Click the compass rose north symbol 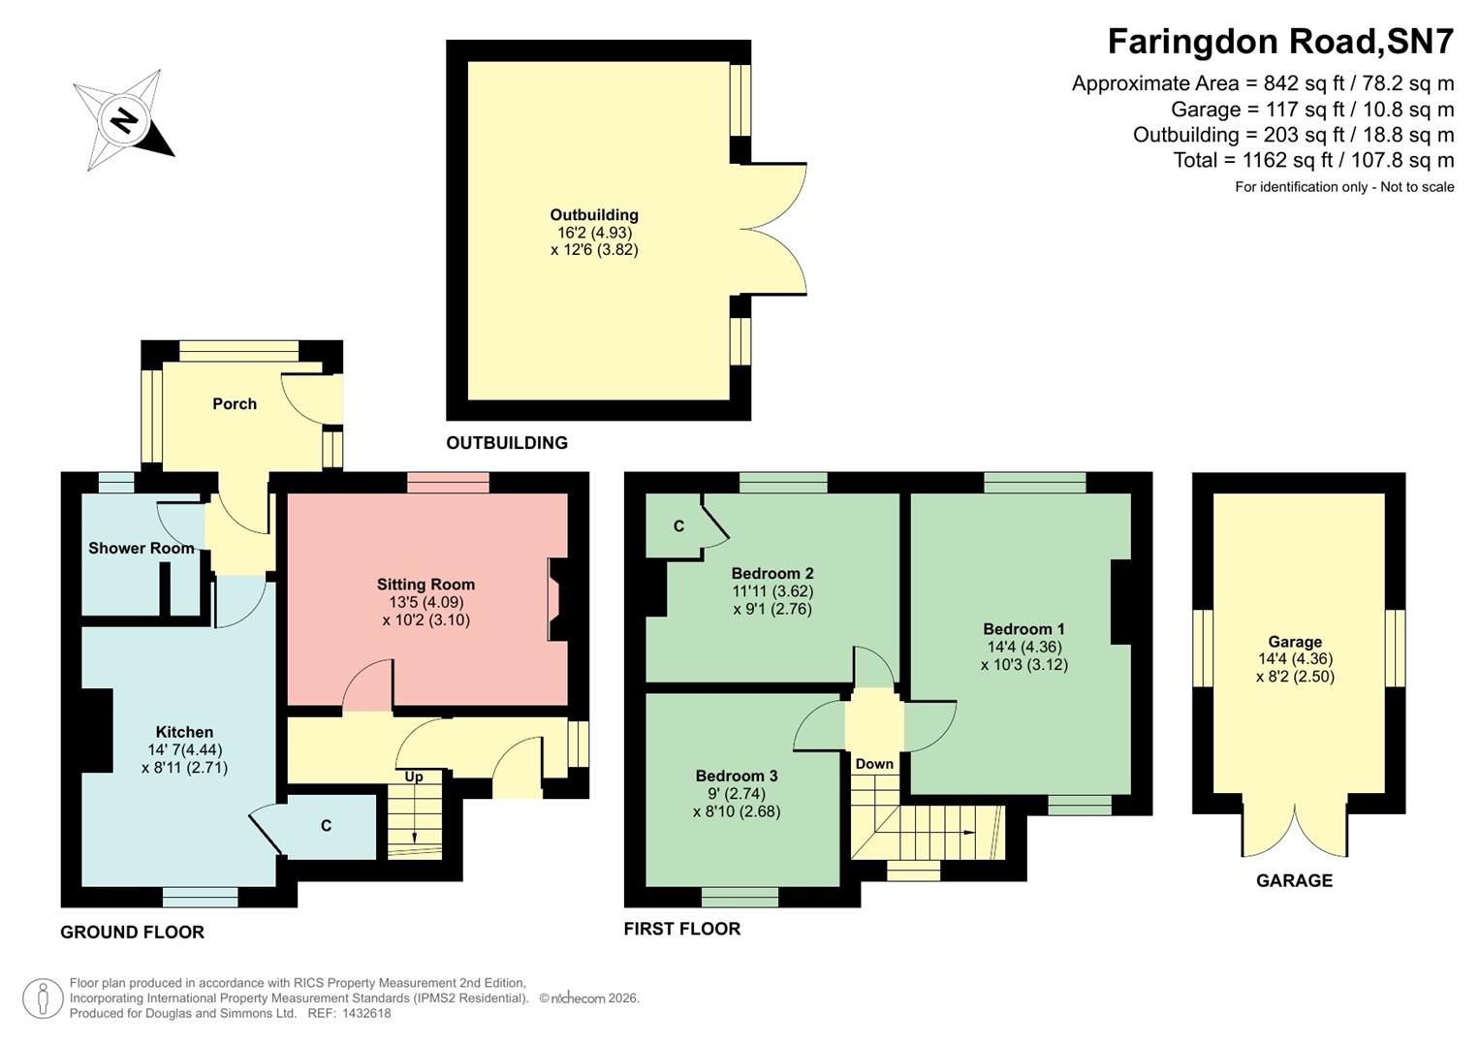[x=123, y=120]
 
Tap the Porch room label [x=235, y=403]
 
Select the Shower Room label [x=142, y=548]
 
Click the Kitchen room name [x=184, y=732]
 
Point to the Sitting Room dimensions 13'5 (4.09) [x=425, y=602]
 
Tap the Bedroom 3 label [x=736, y=776]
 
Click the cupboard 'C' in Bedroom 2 [x=678, y=526]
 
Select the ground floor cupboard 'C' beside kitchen [x=327, y=826]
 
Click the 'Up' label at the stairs [x=414, y=777]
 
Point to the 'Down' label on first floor [x=874, y=764]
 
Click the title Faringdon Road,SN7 [x=1280, y=42]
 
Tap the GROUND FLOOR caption [x=132, y=933]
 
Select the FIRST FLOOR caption [x=681, y=929]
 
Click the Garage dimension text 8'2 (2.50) [x=1295, y=677]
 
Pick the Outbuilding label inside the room [x=594, y=215]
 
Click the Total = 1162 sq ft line [x=1313, y=160]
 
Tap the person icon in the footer [x=43, y=999]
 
